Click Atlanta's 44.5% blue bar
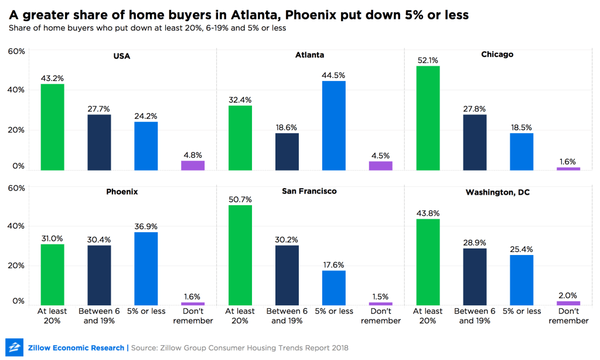(x=333, y=125)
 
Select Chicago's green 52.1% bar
(x=427, y=118)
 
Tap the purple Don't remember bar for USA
(x=193, y=165)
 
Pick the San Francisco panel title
(x=310, y=191)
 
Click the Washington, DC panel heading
(x=497, y=192)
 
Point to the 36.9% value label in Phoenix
(x=146, y=226)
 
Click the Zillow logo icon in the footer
(x=14, y=347)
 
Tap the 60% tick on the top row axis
(x=16, y=52)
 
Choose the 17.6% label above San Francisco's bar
(x=333, y=264)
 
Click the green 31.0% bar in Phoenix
(x=52, y=274)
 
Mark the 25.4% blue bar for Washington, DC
(x=521, y=280)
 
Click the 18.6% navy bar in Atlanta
(x=287, y=151)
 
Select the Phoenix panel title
(x=122, y=191)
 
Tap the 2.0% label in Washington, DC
(x=568, y=295)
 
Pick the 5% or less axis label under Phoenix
(x=146, y=311)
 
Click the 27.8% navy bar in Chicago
(x=474, y=142)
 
